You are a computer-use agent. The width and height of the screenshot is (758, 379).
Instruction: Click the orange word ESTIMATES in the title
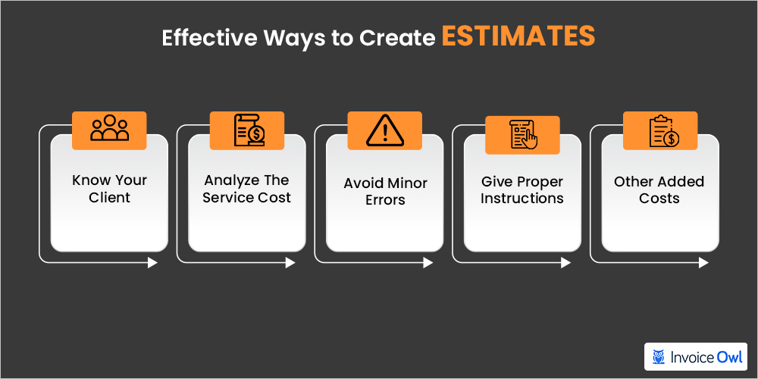[x=518, y=36]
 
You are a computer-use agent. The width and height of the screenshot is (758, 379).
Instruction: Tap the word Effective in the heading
[x=208, y=38]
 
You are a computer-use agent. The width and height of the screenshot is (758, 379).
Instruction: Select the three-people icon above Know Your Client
[x=109, y=128]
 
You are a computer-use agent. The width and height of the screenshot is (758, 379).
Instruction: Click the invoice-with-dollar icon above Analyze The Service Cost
[x=249, y=130]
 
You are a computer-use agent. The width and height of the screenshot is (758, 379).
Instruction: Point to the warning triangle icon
[x=385, y=130]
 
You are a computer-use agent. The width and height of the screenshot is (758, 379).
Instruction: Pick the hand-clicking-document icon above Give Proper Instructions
[x=524, y=134]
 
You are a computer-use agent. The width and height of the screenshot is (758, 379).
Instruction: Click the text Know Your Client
[x=109, y=189]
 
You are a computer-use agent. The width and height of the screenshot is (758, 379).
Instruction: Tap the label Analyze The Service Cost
[x=247, y=189]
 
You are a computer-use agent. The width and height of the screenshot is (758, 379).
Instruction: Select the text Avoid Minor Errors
[x=385, y=192]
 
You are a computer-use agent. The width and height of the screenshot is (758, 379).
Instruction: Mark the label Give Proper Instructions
[x=522, y=190]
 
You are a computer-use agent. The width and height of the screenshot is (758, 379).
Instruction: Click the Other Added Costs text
[x=659, y=189]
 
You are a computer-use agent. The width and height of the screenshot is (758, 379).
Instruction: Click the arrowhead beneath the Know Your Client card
[x=153, y=263]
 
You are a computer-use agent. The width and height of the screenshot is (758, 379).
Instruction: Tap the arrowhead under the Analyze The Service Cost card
[x=290, y=263]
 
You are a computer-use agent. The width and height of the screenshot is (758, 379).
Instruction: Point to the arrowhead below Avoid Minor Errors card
[x=428, y=263]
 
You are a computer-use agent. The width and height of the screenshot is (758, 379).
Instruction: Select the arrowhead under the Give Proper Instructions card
[x=565, y=263]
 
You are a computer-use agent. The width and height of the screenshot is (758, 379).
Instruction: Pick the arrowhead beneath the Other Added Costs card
[x=703, y=263]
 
